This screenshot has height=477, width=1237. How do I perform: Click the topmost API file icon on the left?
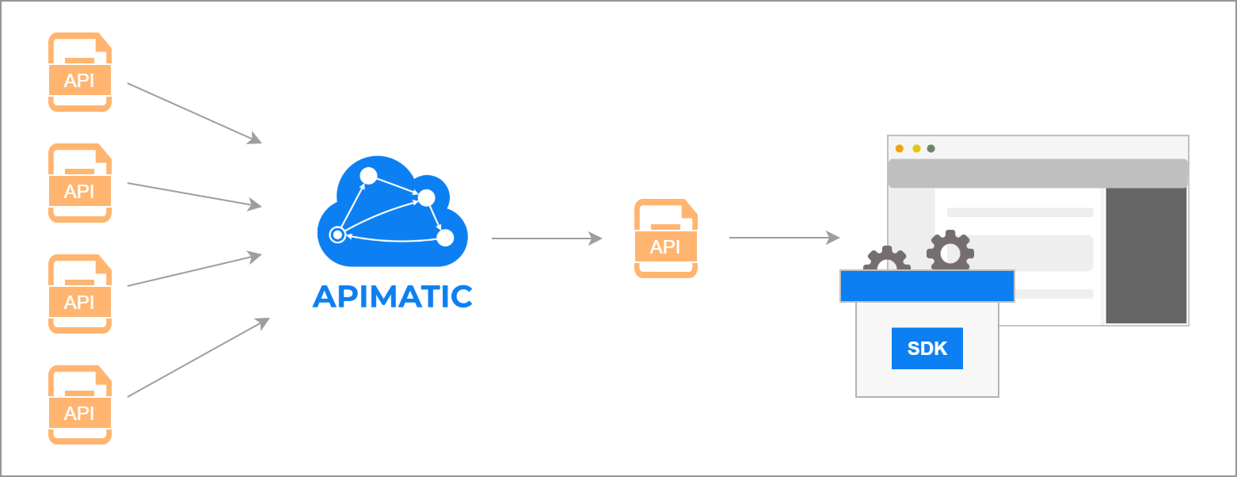(79, 72)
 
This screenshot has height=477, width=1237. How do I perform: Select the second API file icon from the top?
(79, 183)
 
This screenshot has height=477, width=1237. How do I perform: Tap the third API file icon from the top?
(79, 294)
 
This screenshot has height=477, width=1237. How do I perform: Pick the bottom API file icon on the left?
(79, 405)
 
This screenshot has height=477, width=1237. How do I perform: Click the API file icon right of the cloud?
(665, 238)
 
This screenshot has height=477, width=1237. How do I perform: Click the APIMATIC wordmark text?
(393, 296)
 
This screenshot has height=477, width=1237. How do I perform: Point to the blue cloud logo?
(393, 211)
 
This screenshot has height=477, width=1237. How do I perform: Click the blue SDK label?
(927, 348)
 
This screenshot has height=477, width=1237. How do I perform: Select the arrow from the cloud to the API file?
(546, 238)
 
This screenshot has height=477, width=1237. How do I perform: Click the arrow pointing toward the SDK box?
(784, 237)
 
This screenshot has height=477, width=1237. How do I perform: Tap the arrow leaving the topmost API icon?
(194, 113)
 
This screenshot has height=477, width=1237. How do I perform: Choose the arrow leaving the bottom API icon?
(198, 357)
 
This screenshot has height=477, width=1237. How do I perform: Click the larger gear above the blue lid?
(950, 252)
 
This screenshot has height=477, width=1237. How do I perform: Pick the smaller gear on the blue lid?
(886, 260)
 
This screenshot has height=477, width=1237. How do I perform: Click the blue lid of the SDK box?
(927, 286)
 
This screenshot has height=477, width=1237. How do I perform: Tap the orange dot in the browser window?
(899, 148)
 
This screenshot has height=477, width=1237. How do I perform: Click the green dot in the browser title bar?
(931, 148)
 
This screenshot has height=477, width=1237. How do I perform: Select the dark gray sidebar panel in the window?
(1145, 255)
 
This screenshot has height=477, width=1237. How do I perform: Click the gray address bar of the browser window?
(1037, 173)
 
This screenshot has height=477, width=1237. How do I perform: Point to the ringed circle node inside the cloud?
(337, 235)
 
